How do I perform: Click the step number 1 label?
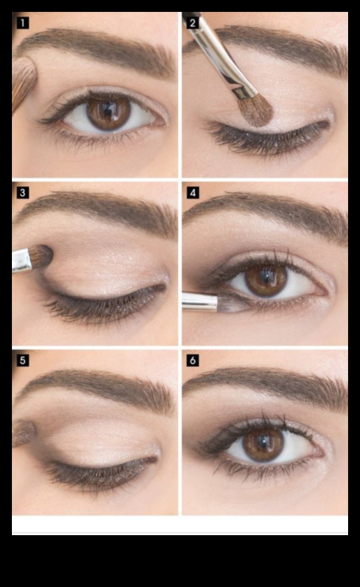point(23,23)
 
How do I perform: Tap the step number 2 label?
point(193,23)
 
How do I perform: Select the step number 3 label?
point(23,192)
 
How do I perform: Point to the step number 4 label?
point(193,192)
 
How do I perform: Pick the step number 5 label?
point(23,361)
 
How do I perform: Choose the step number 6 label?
point(193,361)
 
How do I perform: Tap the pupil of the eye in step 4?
point(266,278)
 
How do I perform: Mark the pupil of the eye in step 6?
point(263,443)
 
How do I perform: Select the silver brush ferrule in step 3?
point(22,260)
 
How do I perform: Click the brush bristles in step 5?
point(24,432)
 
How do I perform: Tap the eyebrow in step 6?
point(268,381)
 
